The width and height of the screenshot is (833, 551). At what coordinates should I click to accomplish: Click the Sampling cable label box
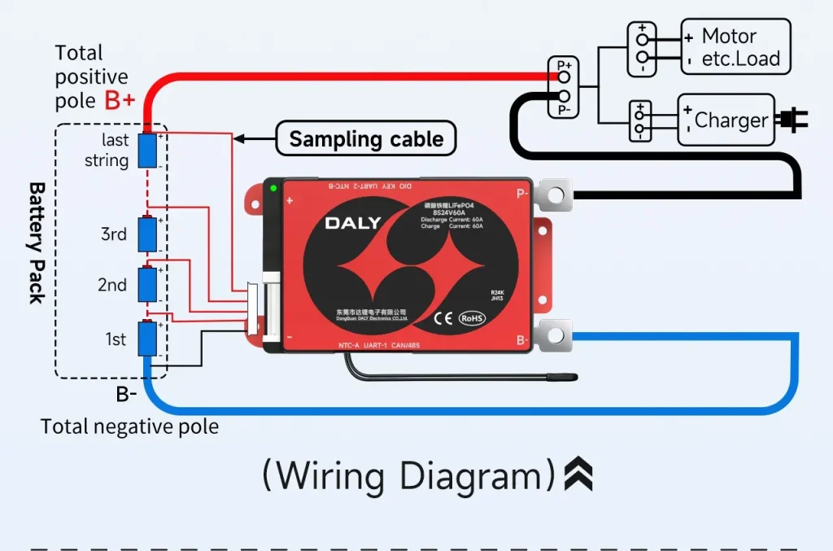[366, 139]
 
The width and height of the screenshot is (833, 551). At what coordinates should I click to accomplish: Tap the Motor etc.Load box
[735, 47]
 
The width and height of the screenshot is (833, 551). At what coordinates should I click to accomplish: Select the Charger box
[726, 120]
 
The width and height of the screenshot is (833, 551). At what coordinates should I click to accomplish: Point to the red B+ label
[120, 101]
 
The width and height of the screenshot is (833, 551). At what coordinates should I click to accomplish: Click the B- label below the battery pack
[126, 395]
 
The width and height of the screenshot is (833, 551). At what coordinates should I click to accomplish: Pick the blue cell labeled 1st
[147, 339]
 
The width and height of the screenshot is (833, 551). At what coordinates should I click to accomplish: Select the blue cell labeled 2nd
[147, 284]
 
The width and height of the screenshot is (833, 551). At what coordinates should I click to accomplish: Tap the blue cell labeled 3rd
[147, 234]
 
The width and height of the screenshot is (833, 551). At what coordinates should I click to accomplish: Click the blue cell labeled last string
[147, 151]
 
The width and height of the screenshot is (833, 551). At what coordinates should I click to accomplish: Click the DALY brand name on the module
[353, 223]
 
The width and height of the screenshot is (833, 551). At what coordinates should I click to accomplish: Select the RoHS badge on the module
[472, 318]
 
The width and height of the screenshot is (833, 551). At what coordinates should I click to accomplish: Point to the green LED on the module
[273, 190]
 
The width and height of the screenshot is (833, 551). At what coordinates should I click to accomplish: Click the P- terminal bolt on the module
[555, 195]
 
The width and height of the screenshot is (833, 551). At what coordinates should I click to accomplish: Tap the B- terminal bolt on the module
[555, 335]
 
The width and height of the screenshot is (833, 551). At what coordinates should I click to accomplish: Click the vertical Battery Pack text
[37, 243]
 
